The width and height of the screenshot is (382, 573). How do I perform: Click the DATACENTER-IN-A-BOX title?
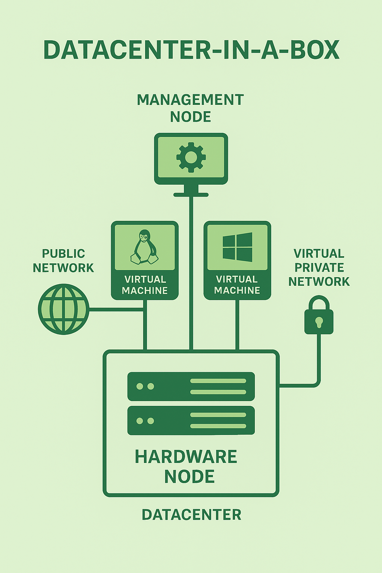tap(191, 50)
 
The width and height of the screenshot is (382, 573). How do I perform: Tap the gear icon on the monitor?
tap(191, 157)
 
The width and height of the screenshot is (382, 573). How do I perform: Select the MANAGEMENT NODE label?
tap(191, 108)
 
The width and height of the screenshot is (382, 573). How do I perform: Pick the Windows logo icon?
tap(237, 247)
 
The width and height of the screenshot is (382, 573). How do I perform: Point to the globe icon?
tap(64, 309)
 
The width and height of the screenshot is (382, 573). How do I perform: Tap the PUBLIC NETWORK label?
tap(63, 260)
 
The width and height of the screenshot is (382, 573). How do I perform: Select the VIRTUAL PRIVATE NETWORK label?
tap(319, 267)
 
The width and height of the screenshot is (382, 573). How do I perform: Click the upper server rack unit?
tap(191, 386)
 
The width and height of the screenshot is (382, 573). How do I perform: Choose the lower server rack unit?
tap(191, 420)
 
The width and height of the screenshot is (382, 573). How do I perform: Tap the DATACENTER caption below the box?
tap(191, 515)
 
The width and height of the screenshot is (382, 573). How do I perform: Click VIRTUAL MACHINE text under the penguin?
tap(145, 285)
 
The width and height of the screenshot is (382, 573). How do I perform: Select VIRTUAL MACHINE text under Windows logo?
tap(237, 285)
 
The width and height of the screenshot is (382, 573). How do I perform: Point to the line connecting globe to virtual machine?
tap(116, 309)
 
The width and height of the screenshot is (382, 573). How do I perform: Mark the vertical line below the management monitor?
tap(191, 272)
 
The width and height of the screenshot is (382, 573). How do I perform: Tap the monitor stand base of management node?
tap(191, 194)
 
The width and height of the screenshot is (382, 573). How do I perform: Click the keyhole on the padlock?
tap(319, 322)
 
